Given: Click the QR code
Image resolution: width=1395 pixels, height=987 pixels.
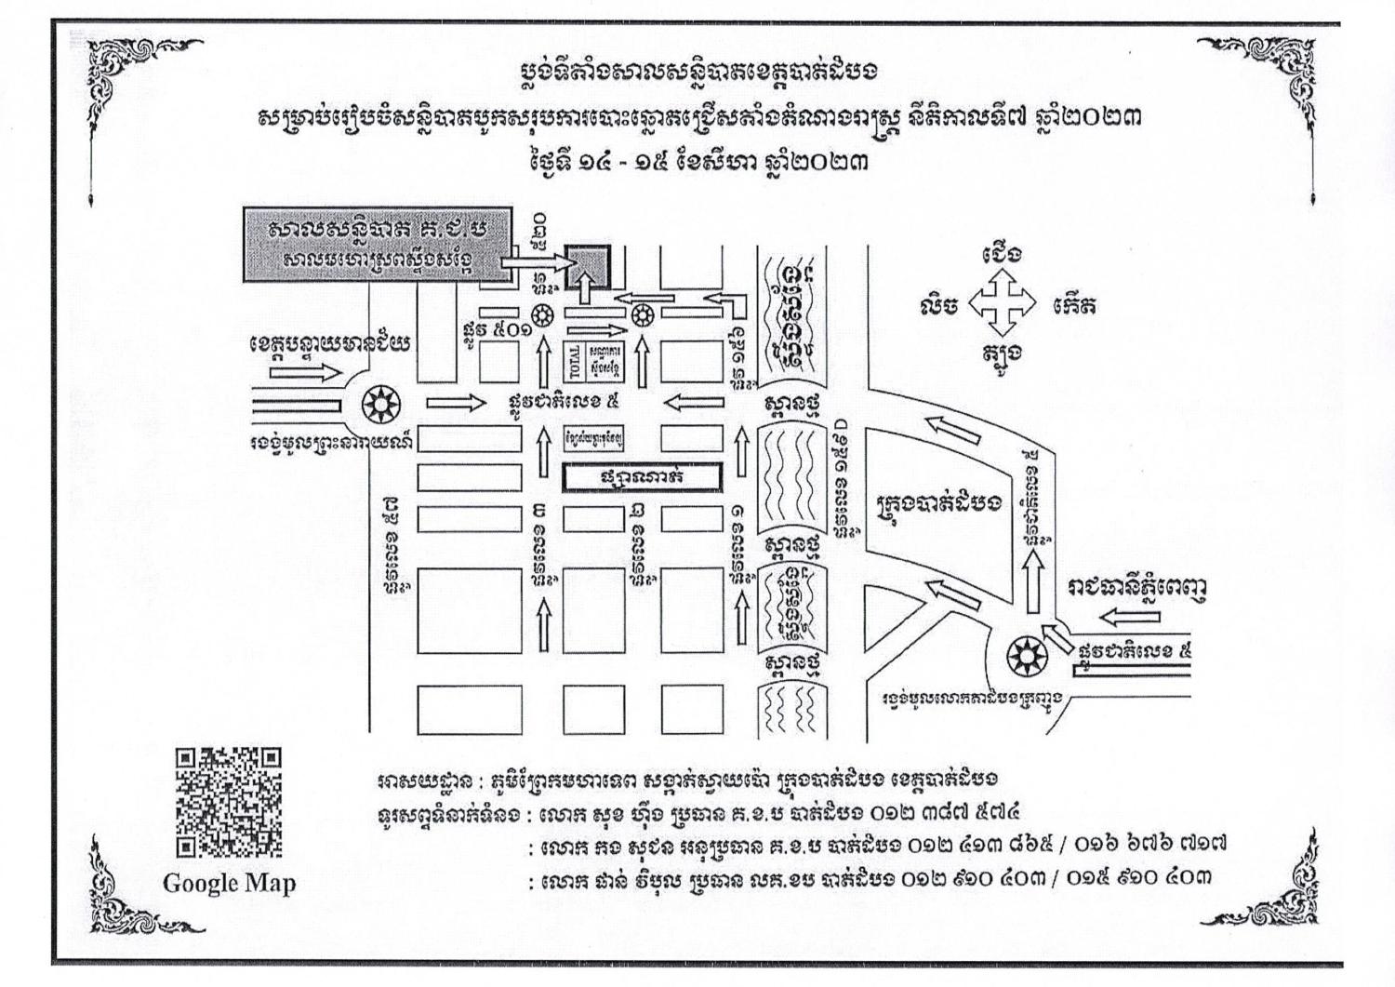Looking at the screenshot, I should (x=228, y=802).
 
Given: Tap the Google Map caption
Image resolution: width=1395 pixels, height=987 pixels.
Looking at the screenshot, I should (x=229, y=883).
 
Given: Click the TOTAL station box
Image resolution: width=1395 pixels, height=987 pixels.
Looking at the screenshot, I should (x=573, y=362).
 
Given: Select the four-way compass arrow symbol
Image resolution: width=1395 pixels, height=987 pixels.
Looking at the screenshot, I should (x=1001, y=303).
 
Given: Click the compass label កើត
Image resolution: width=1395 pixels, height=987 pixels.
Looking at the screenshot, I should (x=1074, y=304).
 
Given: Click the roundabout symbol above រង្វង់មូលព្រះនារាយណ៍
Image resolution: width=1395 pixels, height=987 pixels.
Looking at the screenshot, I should (x=379, y=404).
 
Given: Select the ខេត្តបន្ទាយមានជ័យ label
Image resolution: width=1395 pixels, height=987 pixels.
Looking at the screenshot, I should (x=330, y=344).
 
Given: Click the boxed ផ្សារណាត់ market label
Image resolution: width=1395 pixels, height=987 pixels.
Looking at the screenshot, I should (x=642, y=477).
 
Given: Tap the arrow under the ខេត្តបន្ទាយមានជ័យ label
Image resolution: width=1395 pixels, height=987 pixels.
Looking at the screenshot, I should (x=305, y=373).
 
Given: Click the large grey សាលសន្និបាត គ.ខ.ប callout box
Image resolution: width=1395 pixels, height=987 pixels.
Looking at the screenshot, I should (x=378, y=244).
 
